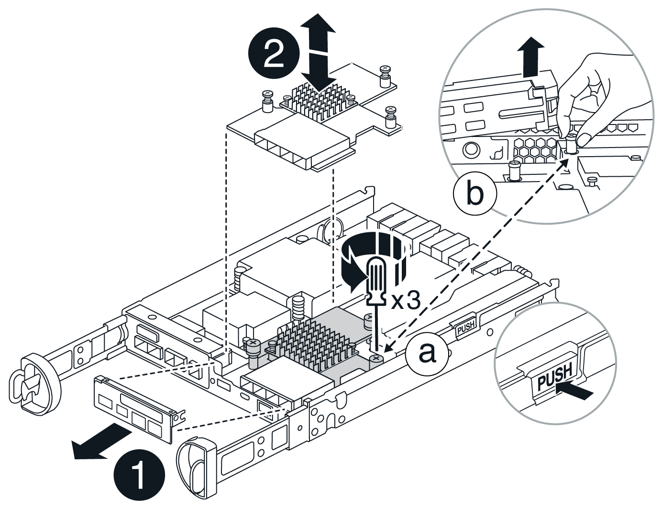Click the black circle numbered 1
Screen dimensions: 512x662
tap(139, 476)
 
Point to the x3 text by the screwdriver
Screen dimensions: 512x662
tap(406, 300)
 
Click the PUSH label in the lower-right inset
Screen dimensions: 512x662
tap(554, 376)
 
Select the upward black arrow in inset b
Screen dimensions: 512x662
tap(531, 57)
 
